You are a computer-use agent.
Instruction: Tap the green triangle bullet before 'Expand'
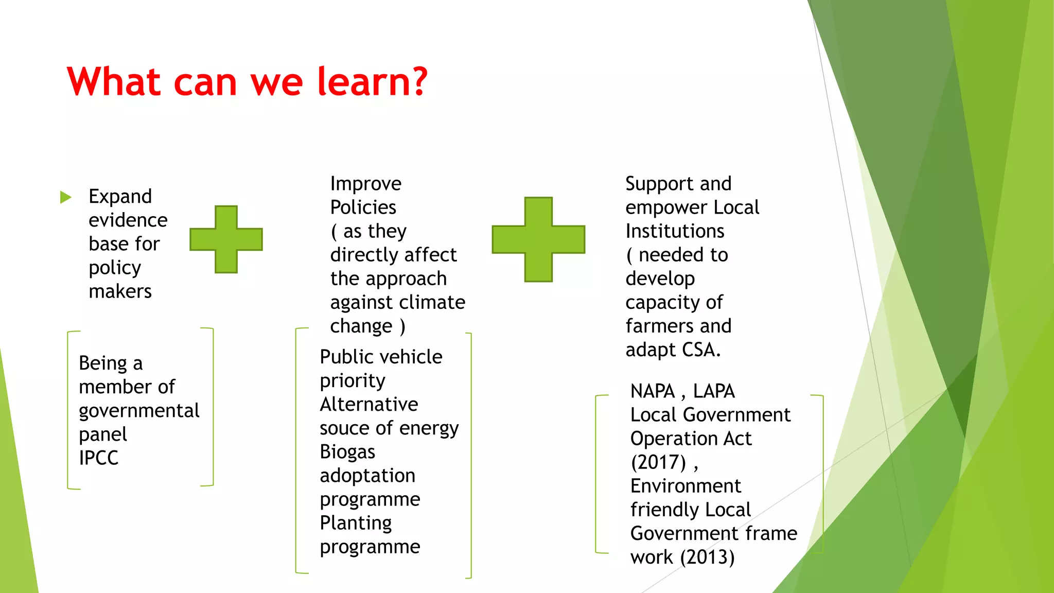[65, 197]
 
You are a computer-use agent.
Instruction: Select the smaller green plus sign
[226, 239]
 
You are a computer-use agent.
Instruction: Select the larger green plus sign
[538, 239]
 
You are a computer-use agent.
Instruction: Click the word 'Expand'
[120, 197]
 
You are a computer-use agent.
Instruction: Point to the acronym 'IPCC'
[98, 458]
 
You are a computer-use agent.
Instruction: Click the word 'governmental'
[139, 411]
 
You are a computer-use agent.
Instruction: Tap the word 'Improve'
[365, 184]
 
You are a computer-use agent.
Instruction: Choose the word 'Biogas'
[347, 452]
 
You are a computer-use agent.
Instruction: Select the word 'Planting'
[356, 523]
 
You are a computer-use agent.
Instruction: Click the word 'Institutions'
[675, 231]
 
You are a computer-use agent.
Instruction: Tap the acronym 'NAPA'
[652, 391]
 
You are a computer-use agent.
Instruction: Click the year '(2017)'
[658, 462]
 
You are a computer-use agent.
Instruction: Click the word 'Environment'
[686, 486]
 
